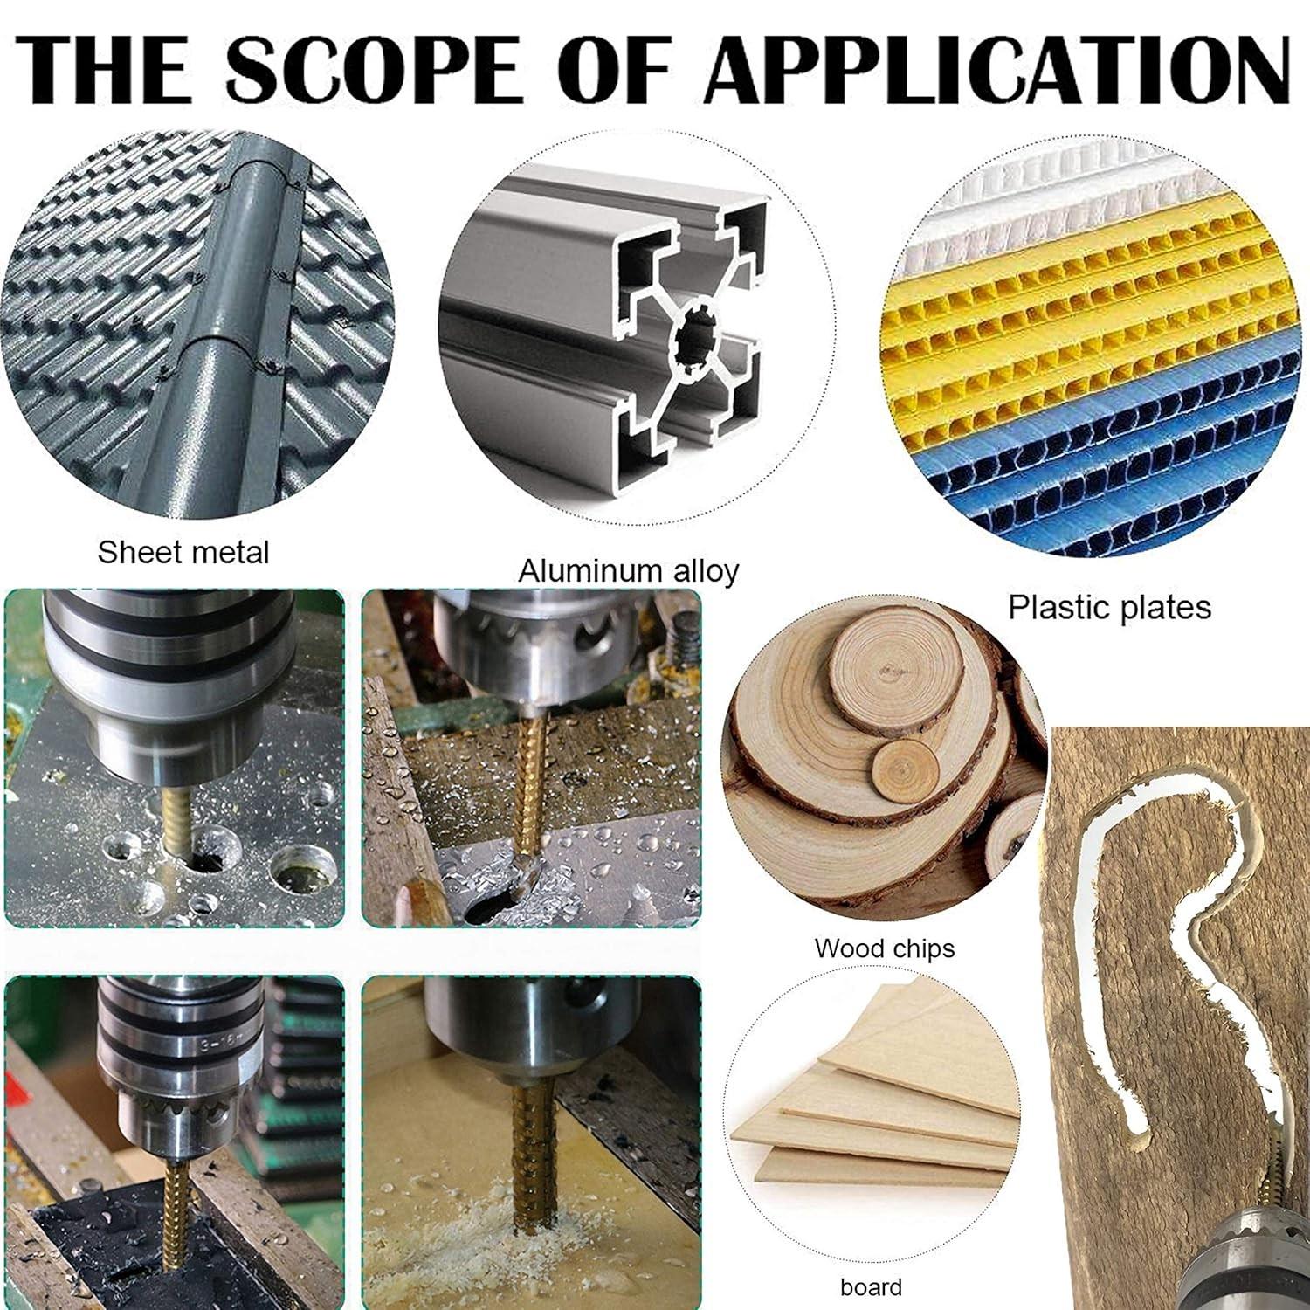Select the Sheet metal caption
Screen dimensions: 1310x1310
(183, 553)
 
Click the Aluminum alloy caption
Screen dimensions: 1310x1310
(629, 571)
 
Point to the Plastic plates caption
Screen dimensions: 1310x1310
(1110, 607)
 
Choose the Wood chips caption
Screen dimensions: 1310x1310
(885, 948)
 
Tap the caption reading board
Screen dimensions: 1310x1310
(871, 1286)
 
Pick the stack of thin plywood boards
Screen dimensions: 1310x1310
(873, 1109)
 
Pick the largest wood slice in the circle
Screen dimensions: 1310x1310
(838, 838)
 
